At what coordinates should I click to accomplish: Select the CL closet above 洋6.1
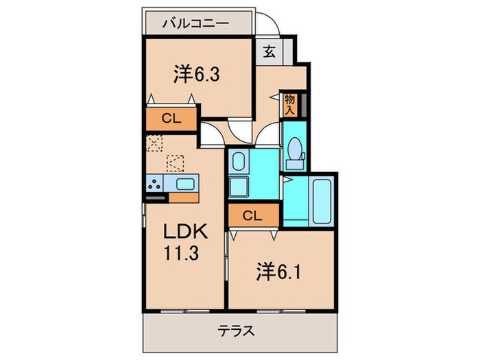(x=253, y=215)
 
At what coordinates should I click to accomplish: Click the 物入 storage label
(x=289, y=104)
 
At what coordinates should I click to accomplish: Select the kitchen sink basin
(x=185, y=183)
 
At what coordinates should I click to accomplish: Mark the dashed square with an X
(x=154, y=143)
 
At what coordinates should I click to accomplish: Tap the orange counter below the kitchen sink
(x=184, y=197)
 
